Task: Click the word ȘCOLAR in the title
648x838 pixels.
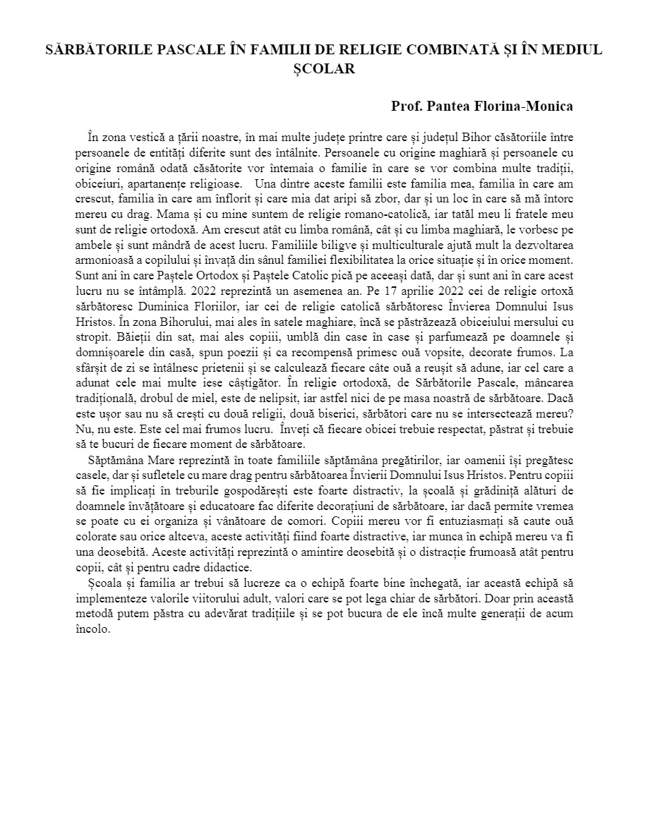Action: point(323,69)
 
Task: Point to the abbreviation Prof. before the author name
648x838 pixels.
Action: point(407,107)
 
